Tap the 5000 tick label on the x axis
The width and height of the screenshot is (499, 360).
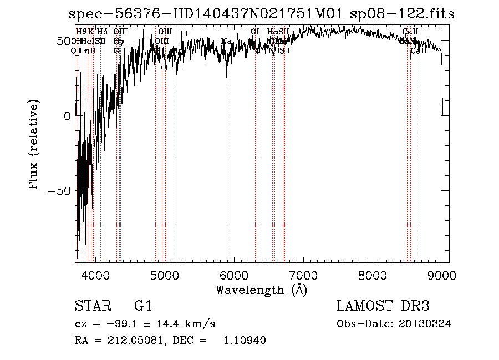click(x=165, y=274)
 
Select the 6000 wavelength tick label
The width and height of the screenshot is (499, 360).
click(x=234, y=274)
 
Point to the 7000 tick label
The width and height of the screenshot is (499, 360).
click(x=303, y=274)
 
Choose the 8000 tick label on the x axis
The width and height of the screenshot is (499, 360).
click(x=373, y=274)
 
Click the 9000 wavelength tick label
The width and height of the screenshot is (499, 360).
click(x=442, y=274)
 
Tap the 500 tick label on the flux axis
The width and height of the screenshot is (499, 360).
click(x=62, y=42)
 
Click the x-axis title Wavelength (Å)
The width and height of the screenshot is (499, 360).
click(x=261, y=290)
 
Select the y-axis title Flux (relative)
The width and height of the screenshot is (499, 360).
click(x=34, y=146)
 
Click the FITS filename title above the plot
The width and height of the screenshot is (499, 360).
click(x=261, y=14)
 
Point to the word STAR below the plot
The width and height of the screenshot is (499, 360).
click(x=91, y=306)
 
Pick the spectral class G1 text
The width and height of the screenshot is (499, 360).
click(x=143, y=306)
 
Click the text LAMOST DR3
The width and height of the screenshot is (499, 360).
click(x=383, y=306)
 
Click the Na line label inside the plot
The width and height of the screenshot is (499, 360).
click(x=226, y=42)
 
